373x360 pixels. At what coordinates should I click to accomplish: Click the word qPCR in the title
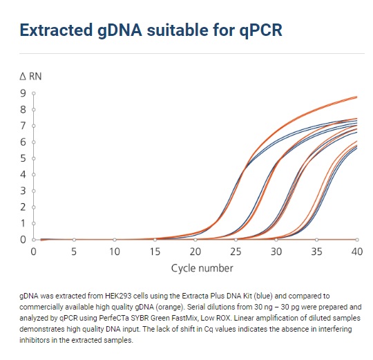(x=260, y=30)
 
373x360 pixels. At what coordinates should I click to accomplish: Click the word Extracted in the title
(x=56, y=30)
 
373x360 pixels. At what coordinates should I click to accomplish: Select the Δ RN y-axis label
(x=30, y=77)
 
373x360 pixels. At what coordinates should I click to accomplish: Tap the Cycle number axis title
(x=202, y=268)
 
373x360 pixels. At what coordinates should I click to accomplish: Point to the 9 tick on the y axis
(x=23, y=93)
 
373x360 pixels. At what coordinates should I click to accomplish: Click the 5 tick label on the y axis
(x=23, y=158)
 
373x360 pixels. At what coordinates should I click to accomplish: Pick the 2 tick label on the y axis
(x=23, y=207)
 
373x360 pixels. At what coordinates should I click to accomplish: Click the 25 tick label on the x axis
(x=236, y=252)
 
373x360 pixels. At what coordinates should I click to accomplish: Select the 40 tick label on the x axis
(x=357, y=252)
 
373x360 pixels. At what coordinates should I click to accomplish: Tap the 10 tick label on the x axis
(x=115, y=252)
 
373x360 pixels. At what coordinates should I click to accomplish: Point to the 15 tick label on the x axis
(x=155, y=252)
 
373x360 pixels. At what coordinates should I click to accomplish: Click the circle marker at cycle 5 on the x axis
(x=74, y=240)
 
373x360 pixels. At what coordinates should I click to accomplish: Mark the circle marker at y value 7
(x=34, y=126)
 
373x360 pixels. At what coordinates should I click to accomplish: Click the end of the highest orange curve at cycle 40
(x=357, y=97)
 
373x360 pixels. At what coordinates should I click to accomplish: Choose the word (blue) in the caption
(x=263, y=296)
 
